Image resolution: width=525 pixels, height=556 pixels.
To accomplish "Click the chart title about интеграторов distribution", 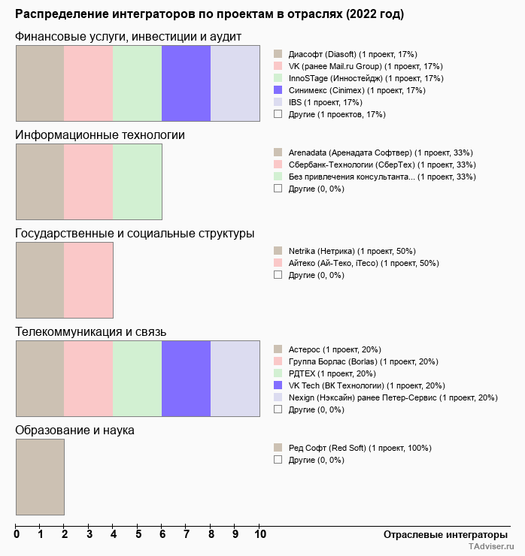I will (x=209, y=15).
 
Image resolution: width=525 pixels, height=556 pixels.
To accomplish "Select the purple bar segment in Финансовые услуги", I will (x=186, y=83).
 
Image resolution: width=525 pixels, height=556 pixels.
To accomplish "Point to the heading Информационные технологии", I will (x=100, y=135).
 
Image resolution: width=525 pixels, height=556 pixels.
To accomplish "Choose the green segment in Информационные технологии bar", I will (x=137, y=181).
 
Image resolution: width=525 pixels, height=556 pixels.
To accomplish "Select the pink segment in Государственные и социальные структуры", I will (x=88, y=280).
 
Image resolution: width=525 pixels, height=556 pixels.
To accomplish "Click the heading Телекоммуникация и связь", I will (x=91, y=332).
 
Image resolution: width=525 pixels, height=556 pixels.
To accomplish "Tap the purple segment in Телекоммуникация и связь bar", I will (x=186, y=378).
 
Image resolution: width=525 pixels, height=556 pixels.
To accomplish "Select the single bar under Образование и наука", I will (x=40, y=476).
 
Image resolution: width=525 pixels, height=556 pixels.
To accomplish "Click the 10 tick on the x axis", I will (x=259, y=535).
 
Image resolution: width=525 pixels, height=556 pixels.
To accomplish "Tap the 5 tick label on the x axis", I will (x=138, y=535).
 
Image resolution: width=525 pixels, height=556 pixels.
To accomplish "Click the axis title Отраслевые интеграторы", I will (x=440, y=535).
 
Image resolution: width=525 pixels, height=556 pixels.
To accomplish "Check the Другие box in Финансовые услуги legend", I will (x=278, y=114).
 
